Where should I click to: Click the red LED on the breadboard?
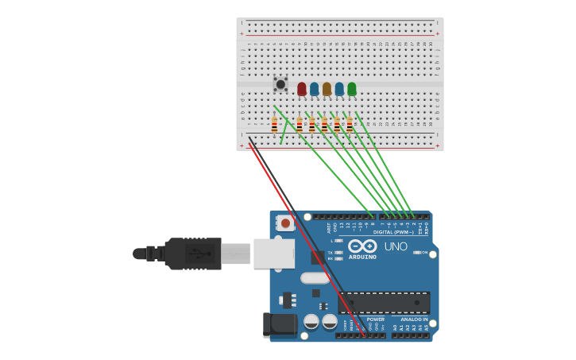(x=301, y=88)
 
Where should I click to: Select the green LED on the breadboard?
(x=352, y=88)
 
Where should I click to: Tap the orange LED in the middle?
(x=327, y=88)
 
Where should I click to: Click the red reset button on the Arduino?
(x=285, y=224)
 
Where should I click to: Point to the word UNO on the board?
(x=396, y=246)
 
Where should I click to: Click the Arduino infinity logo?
(x=362, y=246)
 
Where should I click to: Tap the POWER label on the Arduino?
(x=375, y=319)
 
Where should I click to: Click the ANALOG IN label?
(x=413, y=319)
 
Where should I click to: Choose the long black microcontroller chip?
(x=384, y=303)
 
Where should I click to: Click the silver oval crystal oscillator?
(x=315, y=278)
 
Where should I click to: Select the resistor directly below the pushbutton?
(x=274, y=125)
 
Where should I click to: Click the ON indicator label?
(x=424, y=253)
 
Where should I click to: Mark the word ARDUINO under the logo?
(x=362, y=257)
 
